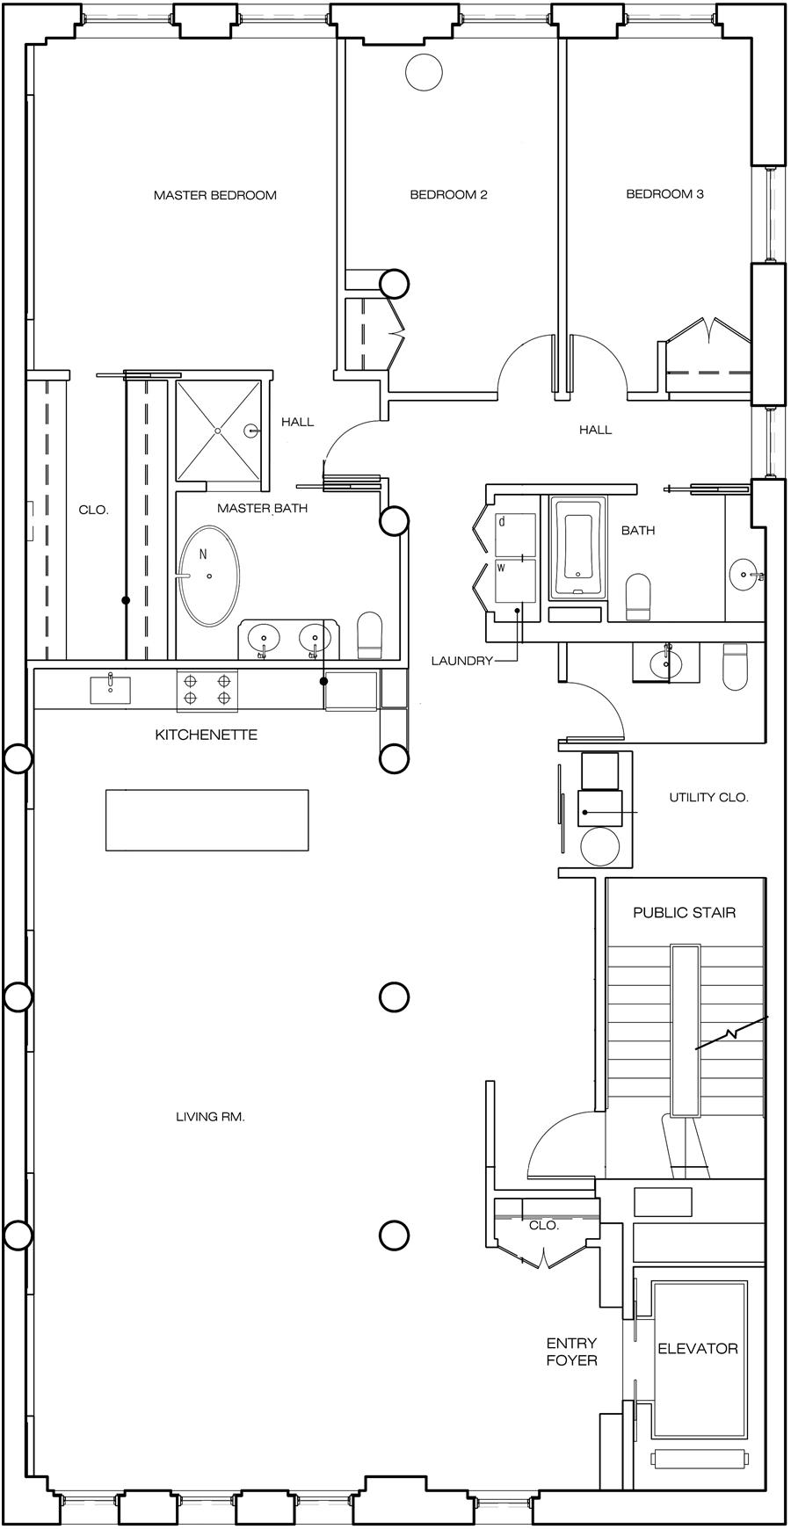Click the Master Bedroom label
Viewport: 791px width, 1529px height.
pyautogui.click(x=214, y=195)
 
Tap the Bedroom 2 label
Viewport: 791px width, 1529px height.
pyautogui.click(x=448, y=195)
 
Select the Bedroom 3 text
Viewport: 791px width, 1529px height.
pyautogui.click(x=664, y=194)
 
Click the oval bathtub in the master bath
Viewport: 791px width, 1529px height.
pyautogui.click(x=208, y=576)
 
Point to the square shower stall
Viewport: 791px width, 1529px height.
pyautogui.click(x=218, y=430)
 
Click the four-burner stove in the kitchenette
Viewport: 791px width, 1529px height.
pyautogui.click(x=207, y=690)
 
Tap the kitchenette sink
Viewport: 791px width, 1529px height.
pyautogui.click(x=110, y=690)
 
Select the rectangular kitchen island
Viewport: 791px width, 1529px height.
pyautogui.click(x=207, y=820)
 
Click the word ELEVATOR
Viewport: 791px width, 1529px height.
pyautogui.click(x=698, y=1348)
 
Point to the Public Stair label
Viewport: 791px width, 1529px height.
pyautogui.click(x=684, y=912)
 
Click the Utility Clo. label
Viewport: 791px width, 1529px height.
pyautogui.click(x=708, y=798)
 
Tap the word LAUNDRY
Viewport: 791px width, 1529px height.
pyautogui.click(x=461, y=661)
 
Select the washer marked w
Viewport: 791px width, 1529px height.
pyautogui.click(x=515, y=580)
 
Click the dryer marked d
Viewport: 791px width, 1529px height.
pyautogui.click(x=515, y=534)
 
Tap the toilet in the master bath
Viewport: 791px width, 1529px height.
pyautogui.click(x=371, y=634)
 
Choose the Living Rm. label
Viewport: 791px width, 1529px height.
pyautogui.click(x=210, y=1117)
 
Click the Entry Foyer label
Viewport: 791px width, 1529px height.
pyautogui.click(x=571, y=1351)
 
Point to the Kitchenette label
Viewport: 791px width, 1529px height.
pyautogui.click(x=207, y=735)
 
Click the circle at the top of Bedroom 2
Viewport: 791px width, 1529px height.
pyautogui.click(x=424, y=71)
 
